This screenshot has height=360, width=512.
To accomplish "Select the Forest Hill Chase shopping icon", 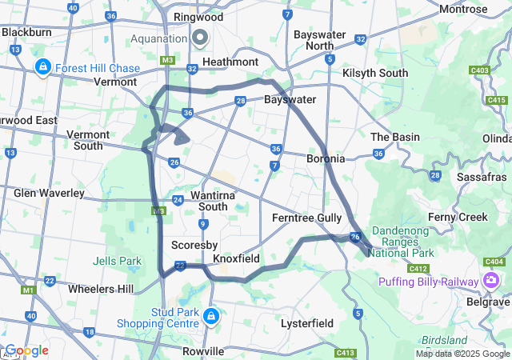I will [x=43, y=68].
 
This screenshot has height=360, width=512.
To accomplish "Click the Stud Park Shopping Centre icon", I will [x=211, y=317].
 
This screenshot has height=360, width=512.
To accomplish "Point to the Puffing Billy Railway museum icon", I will [x=490, y=280].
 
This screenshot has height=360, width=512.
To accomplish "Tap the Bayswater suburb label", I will [x=290, y=99].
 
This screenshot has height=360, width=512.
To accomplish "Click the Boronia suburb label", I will [x=326, y=158].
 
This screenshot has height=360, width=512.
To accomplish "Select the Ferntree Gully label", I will [x=307, y=218].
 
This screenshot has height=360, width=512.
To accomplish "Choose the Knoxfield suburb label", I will [x=236, y=259].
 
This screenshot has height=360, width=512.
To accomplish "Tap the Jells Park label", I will [x=117, y=261].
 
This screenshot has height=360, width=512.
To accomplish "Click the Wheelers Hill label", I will [x=101, y=289].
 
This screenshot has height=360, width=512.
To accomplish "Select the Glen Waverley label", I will [x=49, y=193].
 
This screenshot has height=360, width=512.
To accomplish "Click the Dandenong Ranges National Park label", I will [x=400, y=242].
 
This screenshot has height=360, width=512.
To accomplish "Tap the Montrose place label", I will [x=463, y=9].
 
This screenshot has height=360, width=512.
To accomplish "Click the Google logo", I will [x=26, y=350].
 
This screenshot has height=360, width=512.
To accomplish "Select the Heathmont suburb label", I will [x=230, y=62].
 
